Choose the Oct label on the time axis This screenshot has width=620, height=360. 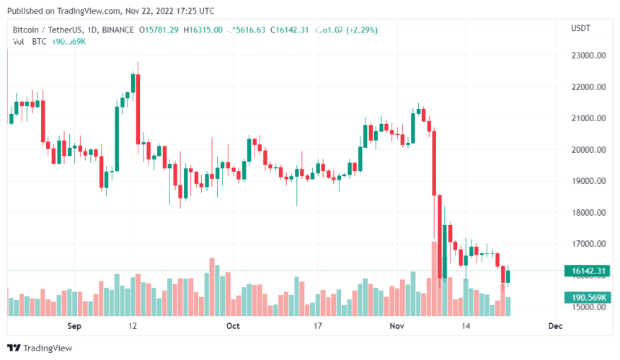(232, 326)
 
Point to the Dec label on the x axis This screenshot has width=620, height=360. (554, 326)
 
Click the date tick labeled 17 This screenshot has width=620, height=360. (317, 326)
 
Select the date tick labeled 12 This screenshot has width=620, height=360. (133, 326)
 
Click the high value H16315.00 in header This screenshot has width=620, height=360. (203, 30)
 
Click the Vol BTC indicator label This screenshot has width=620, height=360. (29, 41)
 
